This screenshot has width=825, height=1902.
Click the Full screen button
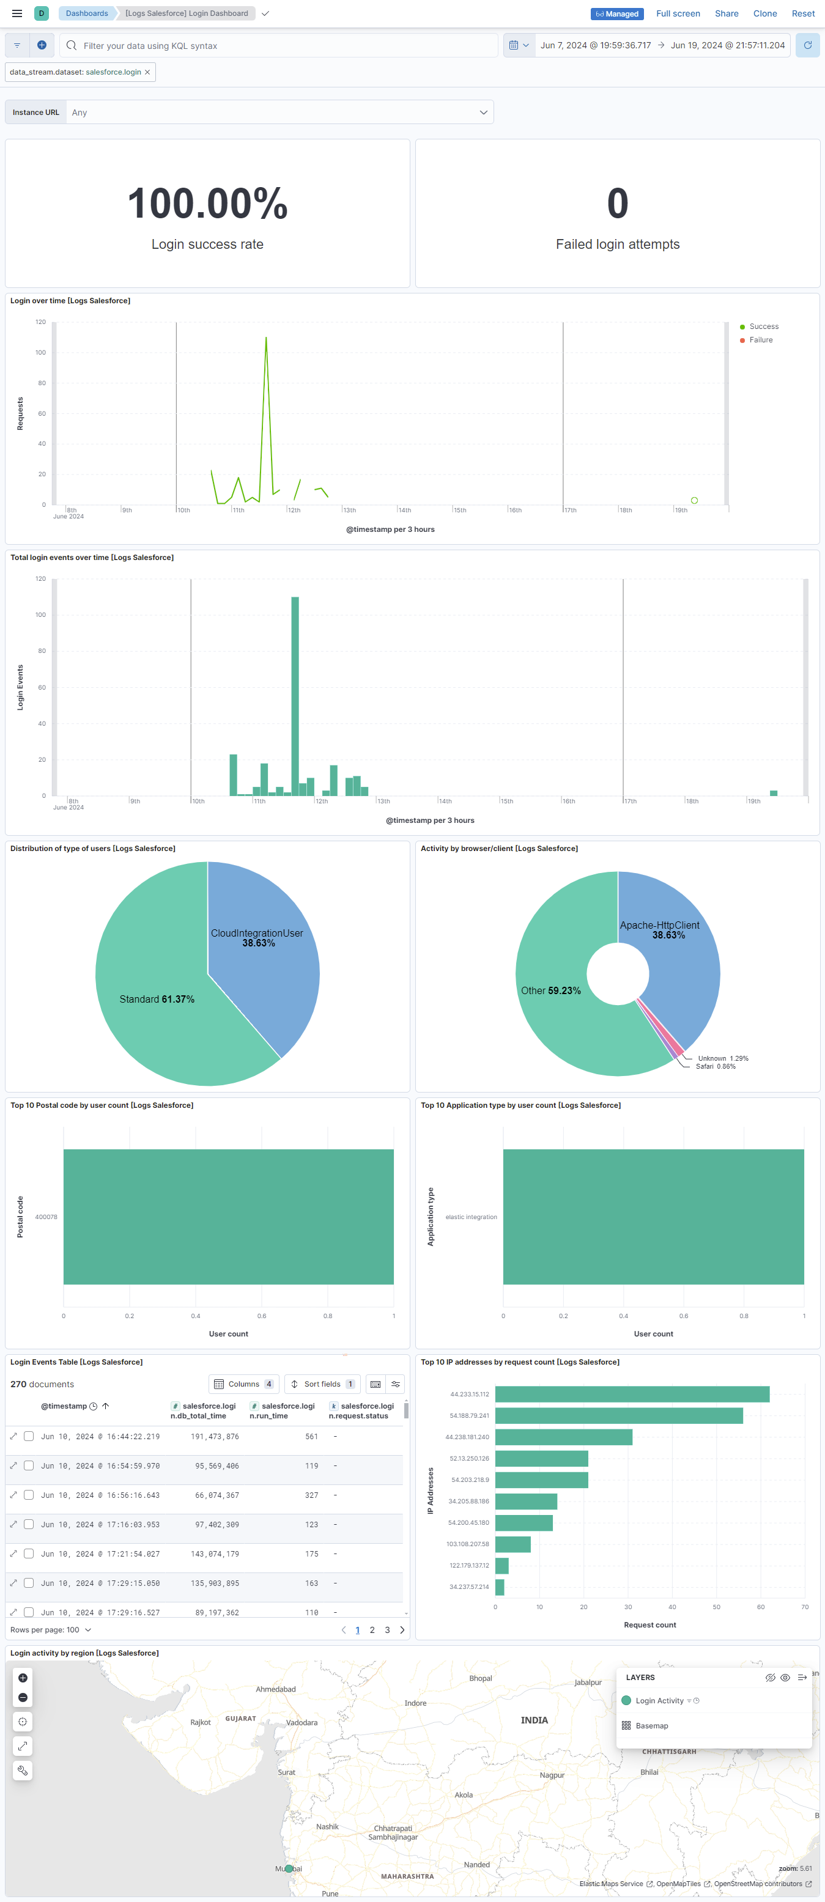(677, 13)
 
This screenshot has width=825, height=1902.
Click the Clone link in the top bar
(764, 13)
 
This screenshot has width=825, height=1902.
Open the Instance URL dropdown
(280, 112)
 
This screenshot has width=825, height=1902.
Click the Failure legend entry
(761, 340)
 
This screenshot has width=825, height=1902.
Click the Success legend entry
(764, 326)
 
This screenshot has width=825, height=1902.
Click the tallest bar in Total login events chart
(295, 694)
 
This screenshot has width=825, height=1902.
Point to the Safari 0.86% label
(715, 1066)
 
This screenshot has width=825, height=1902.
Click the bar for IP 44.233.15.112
(632, 1394)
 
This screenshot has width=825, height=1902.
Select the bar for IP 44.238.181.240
(563, 1437)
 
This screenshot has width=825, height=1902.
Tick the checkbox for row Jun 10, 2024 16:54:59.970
(29, 1465)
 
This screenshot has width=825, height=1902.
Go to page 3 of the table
(387, 1629)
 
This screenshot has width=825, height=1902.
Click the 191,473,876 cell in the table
(215, 1436)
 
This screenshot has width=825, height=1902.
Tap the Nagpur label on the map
(552, 1775)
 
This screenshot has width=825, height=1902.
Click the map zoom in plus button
(23, 1678)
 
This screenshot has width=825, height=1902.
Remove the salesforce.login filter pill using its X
(148, 72)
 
